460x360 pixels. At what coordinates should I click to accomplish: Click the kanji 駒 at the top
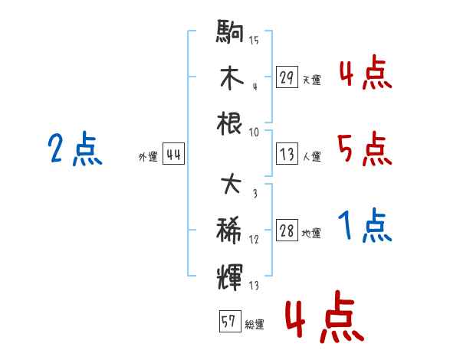231,34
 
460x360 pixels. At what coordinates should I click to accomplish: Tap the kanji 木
231,77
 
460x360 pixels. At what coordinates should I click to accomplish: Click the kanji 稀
231,229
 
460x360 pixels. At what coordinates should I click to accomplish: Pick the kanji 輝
231,273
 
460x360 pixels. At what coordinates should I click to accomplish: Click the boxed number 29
287,77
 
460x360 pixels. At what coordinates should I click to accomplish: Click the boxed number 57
228,322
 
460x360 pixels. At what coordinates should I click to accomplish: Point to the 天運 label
311,80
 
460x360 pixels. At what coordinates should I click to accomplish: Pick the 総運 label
255,325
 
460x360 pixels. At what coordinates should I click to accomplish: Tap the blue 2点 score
74,149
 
